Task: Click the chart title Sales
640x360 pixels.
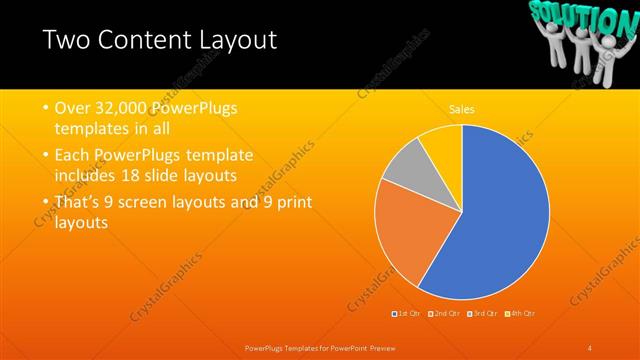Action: pos(461,109)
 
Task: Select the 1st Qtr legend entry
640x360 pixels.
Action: pos(407,314)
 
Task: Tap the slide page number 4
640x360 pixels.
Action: pos(590,347)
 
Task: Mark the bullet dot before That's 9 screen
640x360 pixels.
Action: pos(45,203)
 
